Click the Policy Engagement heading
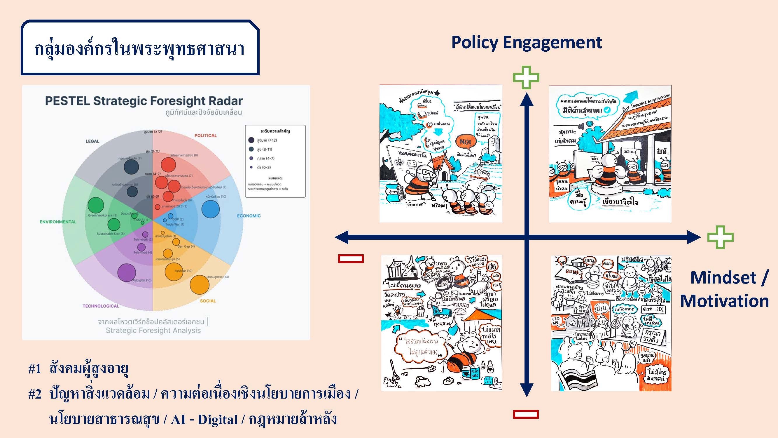click(527, 42)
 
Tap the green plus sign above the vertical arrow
click(526, 78)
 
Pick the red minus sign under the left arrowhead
click(351, 258)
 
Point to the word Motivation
click(724, 301)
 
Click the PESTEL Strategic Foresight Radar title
click(144, 101)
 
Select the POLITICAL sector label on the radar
click(205, 135)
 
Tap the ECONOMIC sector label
click(249, 215)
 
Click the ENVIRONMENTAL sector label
click(58, 222)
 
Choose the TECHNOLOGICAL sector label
click(101, 306)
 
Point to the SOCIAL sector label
click(208, 301)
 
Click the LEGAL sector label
click(92, 141)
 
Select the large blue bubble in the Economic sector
click(211, 208)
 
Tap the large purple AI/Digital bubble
click(126, 272)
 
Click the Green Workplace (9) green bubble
click(96, 205)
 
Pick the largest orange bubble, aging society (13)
click(200, 284)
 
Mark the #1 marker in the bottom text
click(34, 369)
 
